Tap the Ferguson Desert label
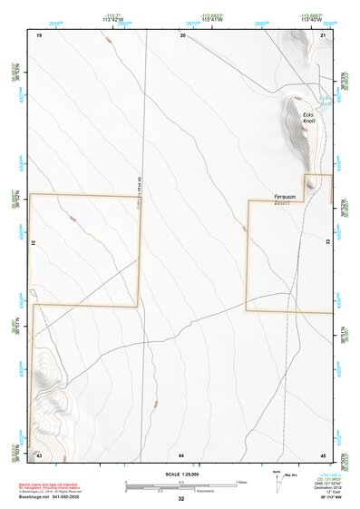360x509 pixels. coord(287,199)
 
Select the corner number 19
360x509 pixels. coord(39,34)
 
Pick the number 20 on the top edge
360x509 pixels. coord(182,34)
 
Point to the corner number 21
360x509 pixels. coord(323,34)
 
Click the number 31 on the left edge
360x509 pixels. coord(34,242)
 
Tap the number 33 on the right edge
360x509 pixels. coord(328,242)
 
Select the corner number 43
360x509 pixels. coord(39,453)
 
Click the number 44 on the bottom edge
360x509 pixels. coord(181,453)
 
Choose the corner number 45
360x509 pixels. coord(323,453)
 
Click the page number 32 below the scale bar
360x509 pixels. coord(181,499)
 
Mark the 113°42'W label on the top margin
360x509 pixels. coord(112,18)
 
